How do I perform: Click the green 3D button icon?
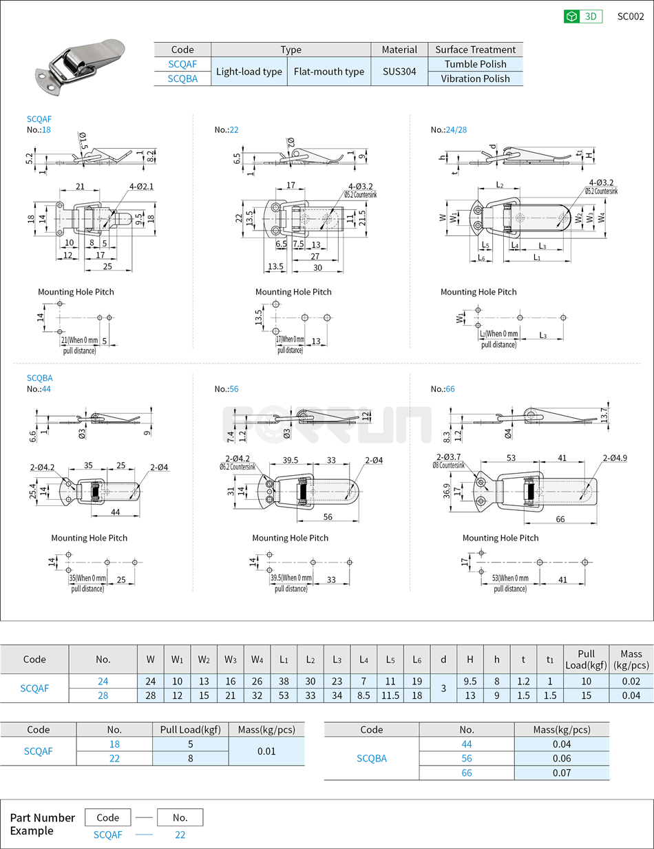pos(571,17)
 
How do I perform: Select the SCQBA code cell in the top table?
pos(182,78)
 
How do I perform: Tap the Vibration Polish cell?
pos(475,78)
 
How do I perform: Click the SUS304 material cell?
pos(399,72)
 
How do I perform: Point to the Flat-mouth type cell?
pos(329,72)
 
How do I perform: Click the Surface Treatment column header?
pos(475,50)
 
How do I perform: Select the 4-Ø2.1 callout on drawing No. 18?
pos(140,186)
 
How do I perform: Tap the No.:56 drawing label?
pos(226,389)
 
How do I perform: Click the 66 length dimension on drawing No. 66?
pos(560,518)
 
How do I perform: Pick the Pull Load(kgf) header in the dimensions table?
pos(586,659)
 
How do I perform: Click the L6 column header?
pos(416,659)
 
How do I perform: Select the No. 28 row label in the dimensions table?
pos(103,695)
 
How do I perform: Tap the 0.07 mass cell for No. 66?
pos(561,773)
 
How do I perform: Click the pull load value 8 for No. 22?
pos(190,758)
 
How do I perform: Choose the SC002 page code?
pos(630,17)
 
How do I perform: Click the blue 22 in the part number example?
pos(180,835)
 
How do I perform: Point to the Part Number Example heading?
pos(42,824)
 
